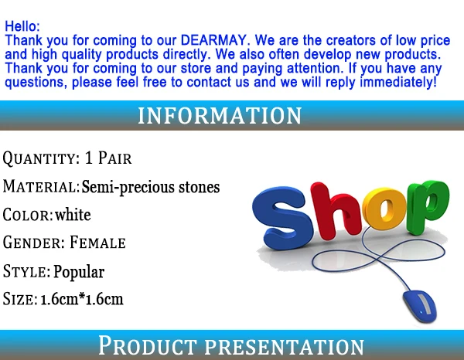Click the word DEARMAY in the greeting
point(213,40)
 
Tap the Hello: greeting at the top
point(22,26)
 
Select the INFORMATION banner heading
point(220,116)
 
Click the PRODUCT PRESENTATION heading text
point(231,345)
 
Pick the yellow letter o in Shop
point(384,209)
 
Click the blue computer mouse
point(420,306)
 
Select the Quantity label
point(41,158)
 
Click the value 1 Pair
point(108,158)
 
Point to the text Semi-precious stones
point(150,187)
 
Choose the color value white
point(73,215)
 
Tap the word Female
point(97,243)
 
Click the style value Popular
point(79,272)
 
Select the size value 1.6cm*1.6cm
point(82,299)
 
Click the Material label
point(41,186)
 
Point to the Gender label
point(34,243)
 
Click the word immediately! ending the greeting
point(398,82)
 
